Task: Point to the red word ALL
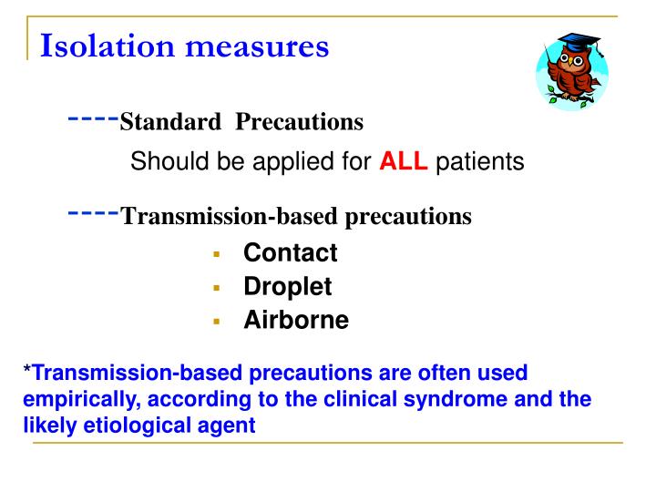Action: click(x=404, y=162)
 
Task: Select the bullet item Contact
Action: click(x=290, y=252)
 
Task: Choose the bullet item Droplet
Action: click(x=287, y=287)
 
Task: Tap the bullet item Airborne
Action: click(x=295, y=321)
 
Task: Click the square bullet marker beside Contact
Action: click(x=217, y=254)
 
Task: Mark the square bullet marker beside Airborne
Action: click(x=217, y=322)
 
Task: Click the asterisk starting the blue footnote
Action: click(x=27, y=373)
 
